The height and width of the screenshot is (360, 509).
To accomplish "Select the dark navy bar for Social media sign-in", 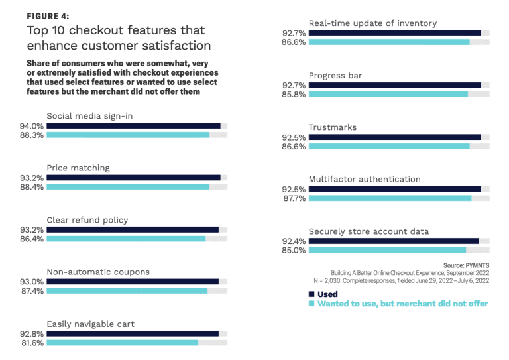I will pyautogui.click(x=133, y=125).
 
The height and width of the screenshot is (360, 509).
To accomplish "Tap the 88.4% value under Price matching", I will pyautogui.click(x=32, y=187).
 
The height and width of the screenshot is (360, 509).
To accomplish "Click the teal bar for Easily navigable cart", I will pyautogui.click(x=122, y=343).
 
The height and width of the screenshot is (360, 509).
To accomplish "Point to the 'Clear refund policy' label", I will pyautogui.click(x=87, y=220).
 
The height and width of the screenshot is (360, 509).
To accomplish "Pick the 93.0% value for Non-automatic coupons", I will pyautogui.click(x=32, y=282).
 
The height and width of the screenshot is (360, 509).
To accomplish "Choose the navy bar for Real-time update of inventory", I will pyautogui.click(x=394, y=32).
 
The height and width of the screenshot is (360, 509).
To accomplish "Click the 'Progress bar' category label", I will pyautogui.click(x=335, y=76).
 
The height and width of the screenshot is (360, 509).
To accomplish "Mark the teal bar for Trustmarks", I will pyautogui.click(x=389, y=146).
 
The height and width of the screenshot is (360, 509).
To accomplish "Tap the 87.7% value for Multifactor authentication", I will pyautogui.click(x=294, y=198).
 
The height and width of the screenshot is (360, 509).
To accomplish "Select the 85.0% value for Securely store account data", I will pyautogui.click(x=294, y=250).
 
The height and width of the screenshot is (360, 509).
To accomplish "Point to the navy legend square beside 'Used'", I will pyautogui.click(x=312, y=294).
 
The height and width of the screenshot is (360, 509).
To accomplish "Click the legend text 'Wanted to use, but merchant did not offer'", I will pyautogui.click(x=402, y=304).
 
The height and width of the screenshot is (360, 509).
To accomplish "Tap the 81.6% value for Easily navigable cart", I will pyautogui.click(x=32, y=343).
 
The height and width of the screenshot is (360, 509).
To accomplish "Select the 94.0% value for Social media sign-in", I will pyautogui.click(x=32, y=125).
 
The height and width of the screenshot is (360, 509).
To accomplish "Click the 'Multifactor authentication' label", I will pyautogui.click(x=365, y=179).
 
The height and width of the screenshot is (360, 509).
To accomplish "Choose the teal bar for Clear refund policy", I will pyautogui.click(x=126, y=239).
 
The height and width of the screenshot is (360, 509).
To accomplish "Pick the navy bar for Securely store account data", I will pyautogui.click(x=394, y=241).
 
